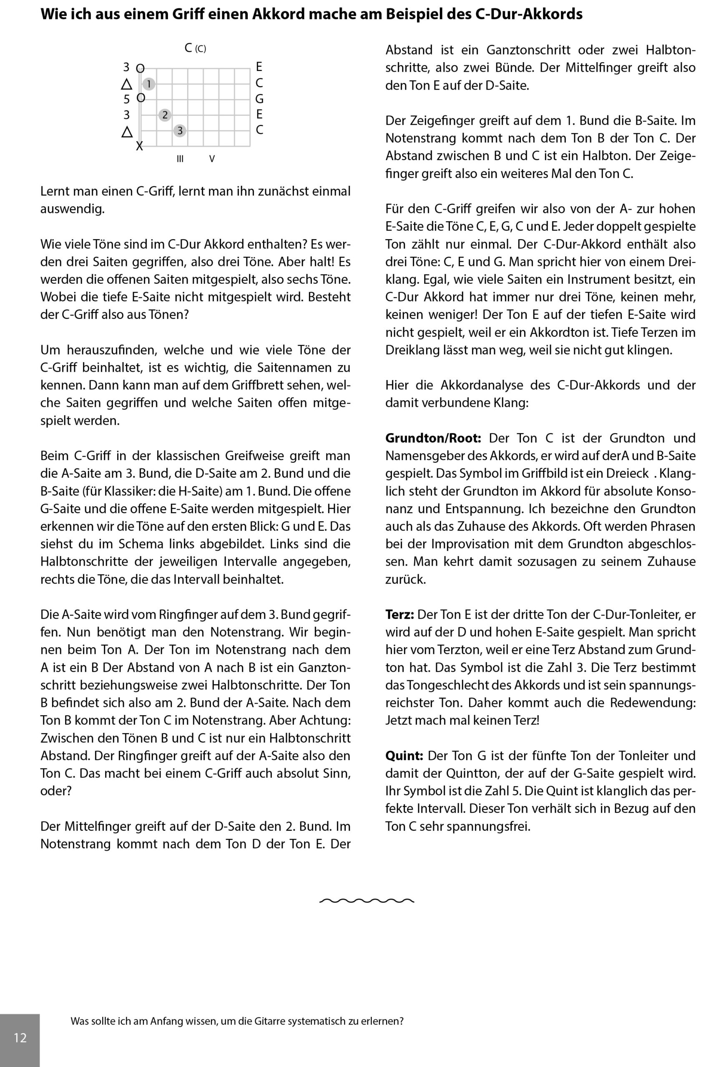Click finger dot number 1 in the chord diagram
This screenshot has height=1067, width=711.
pyautogui.click(x=149, y=84)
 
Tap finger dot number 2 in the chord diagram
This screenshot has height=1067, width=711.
pyautogui.click(x=165, y=115)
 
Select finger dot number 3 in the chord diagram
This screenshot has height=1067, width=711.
pyautogui.click(x=180, y=131)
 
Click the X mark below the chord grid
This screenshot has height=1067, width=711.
pyautogui.click(x=140, y=146)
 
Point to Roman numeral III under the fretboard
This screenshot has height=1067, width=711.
pyautogui.click(x=180, y=159)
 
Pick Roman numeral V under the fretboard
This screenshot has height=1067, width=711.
pyautogui.click(x=212, y=159)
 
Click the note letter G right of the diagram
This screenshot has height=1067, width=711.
pyautogui.click(x=259, y=99)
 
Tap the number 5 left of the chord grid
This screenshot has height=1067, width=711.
pyautogui.click(x=126, y=99)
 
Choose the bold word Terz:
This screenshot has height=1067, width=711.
pyautogui.click(x=399, y=614)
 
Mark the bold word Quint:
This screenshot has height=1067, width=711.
pyautogui.click(x=404, y=755)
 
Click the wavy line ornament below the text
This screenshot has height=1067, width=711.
pyautogui.click(x=367, y=900)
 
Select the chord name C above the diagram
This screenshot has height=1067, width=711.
pyautogui.click(x=188, y=48)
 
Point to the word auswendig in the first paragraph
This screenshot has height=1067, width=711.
pyautogui.click(x=72, y=209)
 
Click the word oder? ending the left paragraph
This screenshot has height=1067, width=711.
pyautogui.click(x=56, y=791)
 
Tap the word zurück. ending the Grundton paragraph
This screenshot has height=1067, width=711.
pyautogui.click(x=405, y=579)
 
